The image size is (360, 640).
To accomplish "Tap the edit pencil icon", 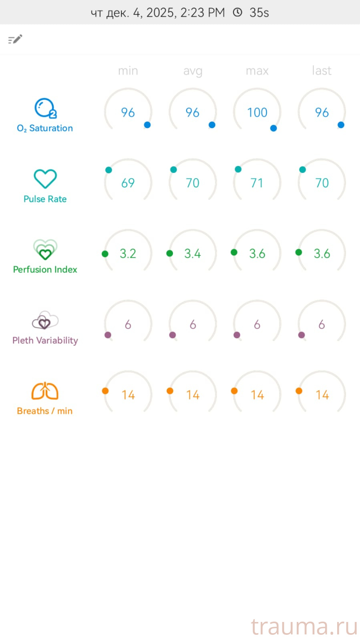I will [15, 39].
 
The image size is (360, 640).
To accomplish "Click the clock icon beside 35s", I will [237, 12].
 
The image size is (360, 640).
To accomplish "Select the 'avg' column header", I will [193, 71].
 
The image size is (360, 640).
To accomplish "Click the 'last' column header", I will [322, 70].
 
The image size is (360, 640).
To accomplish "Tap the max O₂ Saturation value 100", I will [257, 112].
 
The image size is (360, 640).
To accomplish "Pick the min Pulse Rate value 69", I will [128, 183].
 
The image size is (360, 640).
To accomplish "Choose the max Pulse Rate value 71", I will [257, 183].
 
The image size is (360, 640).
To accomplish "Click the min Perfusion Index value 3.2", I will [128, 253].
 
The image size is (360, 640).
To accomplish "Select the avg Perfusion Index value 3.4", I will [193, 253].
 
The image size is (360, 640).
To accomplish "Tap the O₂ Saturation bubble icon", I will [45, 108].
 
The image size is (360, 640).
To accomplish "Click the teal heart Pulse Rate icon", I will [45, 179].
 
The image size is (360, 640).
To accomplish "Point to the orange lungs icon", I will [45, 391].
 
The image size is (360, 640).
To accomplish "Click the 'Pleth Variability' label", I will [45, 340].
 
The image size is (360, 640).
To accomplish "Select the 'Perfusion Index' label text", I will [45, 269].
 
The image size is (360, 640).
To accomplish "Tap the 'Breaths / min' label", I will [45, 411].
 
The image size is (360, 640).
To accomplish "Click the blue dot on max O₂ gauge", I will [274, 128].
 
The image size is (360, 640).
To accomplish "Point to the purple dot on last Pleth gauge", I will [302, 335].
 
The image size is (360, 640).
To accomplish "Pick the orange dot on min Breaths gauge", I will [105, 391].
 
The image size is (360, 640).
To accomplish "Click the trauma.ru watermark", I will [304, 626].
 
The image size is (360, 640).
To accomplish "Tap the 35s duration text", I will [259, 12].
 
